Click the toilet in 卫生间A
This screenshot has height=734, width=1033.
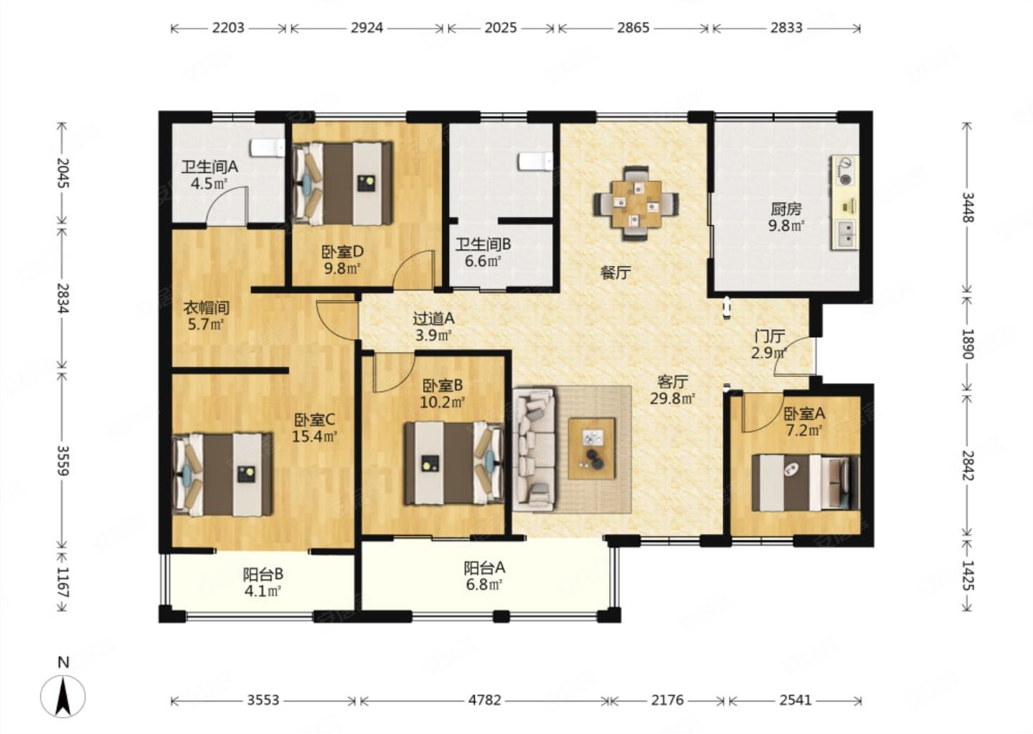(x=268, y=148)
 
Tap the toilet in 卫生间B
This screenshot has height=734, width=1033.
(x=535, y=161)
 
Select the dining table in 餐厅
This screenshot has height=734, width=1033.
(x=636, y=203)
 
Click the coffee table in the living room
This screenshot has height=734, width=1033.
(x=592, y=448)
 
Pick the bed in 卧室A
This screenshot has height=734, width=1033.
(x=806, y=482)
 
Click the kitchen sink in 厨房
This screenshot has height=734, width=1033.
(x=845, y=234)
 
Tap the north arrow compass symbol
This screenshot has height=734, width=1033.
(x=63, y=696)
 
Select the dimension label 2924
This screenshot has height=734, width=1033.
(x=367, y=28)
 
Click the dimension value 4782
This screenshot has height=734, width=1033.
(x=484, y=700)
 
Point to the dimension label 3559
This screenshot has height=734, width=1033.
(x=62, y=460)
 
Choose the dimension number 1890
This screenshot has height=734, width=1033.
(x=967, y=344)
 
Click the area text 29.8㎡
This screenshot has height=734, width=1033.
(x=672, y=398)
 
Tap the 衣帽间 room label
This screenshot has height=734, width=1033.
(x=206, y=308)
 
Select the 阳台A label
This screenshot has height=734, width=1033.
(x=484, y=568)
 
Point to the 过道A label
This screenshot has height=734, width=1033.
(x=433, y=318)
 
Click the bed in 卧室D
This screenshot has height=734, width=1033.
(x=343, y=183)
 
